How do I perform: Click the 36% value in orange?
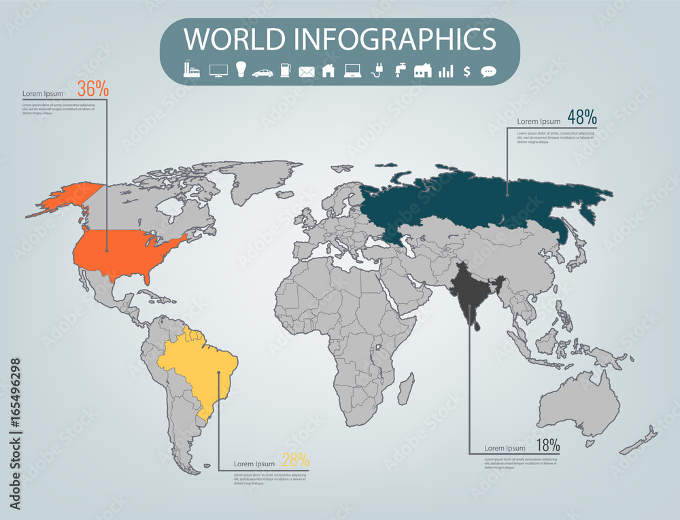tap(92, 88)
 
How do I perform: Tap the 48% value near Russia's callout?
tap(581, 117)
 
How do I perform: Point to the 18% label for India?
tap(547, 446)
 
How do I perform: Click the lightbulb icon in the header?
tap(239, 69)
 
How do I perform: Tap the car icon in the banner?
tap(262, 71)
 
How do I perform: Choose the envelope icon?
tap(307, 71)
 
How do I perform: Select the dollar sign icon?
tap(466, 71)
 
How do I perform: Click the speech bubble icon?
tap(488, 71)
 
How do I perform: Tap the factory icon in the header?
tap(191, 69)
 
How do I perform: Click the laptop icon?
tap(352, 70)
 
